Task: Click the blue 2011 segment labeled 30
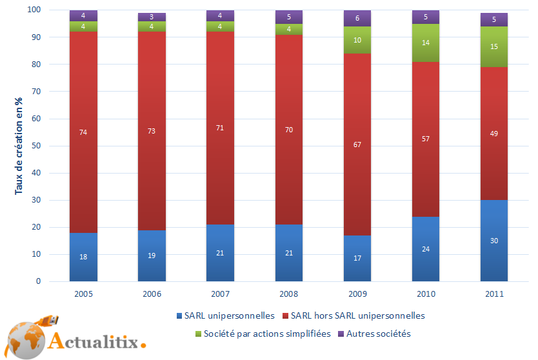point(493,241)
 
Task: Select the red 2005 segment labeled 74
point(83,132)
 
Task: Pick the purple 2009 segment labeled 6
point(357,19)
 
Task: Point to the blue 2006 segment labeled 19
point(152,255)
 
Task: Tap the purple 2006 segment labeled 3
point(152,17)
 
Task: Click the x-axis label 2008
point(288,294)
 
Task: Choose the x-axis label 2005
point(83,294)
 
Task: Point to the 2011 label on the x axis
point(493,294)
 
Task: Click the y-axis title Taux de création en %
point(19,145)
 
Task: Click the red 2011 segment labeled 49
point(493,134)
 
